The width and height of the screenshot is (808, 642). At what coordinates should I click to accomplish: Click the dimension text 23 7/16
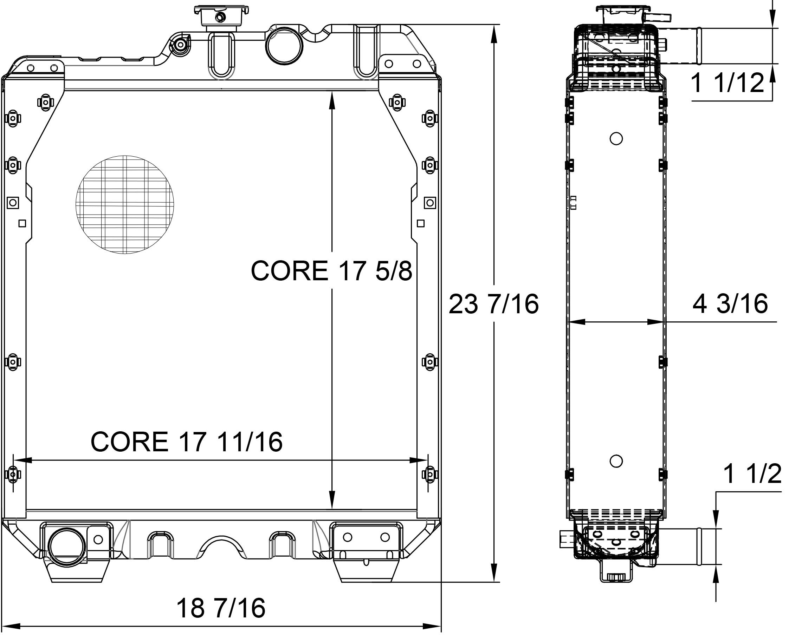(493, 304)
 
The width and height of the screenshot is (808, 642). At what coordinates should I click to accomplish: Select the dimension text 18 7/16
(221, 608)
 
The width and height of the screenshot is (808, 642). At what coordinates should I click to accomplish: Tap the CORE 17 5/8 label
(331, 271)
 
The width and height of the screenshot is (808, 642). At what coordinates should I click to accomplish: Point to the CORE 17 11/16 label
(186, 442)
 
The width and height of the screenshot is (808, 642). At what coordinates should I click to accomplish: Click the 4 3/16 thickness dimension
(730, 303)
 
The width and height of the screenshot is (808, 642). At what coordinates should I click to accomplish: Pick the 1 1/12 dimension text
(727, 83)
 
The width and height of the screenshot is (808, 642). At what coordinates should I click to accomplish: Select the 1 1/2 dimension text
(752, 474)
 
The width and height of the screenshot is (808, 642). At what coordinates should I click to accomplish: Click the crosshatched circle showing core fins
(124, 204)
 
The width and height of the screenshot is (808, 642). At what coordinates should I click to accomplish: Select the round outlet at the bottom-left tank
(67, 548)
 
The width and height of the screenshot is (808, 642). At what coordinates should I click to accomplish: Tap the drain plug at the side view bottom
(616, 576)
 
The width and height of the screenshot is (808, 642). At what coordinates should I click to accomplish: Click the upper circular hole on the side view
(616, 139)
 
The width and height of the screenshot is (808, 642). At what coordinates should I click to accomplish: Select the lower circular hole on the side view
(616, 461)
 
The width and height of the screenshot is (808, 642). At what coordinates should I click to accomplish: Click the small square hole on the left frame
(22, 224)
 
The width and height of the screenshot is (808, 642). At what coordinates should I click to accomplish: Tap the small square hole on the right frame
(420, 224)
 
